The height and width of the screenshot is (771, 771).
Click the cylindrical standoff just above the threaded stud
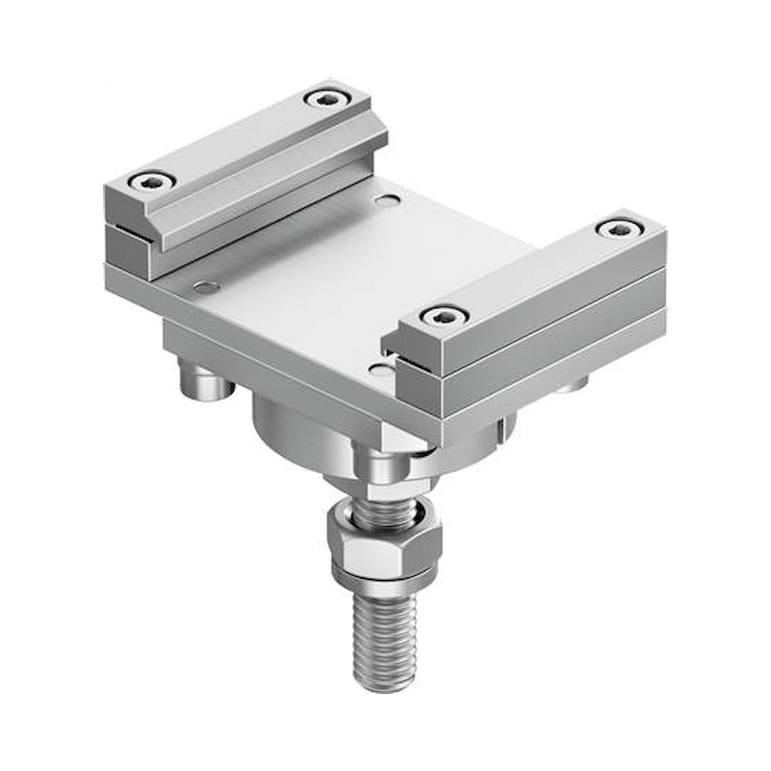coord(379,463)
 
